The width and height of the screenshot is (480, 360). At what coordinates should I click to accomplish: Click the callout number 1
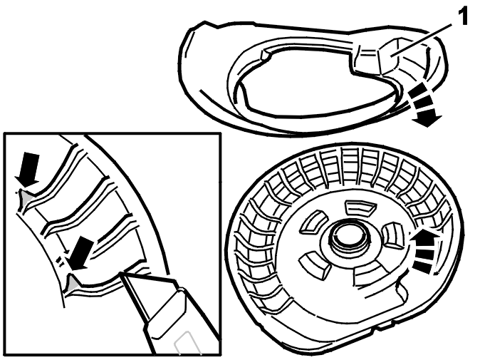coord(462,18)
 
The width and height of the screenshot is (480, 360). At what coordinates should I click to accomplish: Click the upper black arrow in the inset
coord(28,169)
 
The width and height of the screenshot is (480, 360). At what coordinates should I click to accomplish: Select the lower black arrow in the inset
coord(80,254)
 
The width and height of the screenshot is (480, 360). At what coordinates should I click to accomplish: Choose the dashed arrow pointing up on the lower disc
coord(424,251)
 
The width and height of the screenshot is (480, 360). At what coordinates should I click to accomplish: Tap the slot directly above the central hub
coord(359,207)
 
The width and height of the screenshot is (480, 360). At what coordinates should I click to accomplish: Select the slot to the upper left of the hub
coord(312,221)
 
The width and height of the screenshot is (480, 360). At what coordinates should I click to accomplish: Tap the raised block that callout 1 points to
coord(388,57)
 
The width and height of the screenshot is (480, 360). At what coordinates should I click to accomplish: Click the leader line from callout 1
coord(423,39)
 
